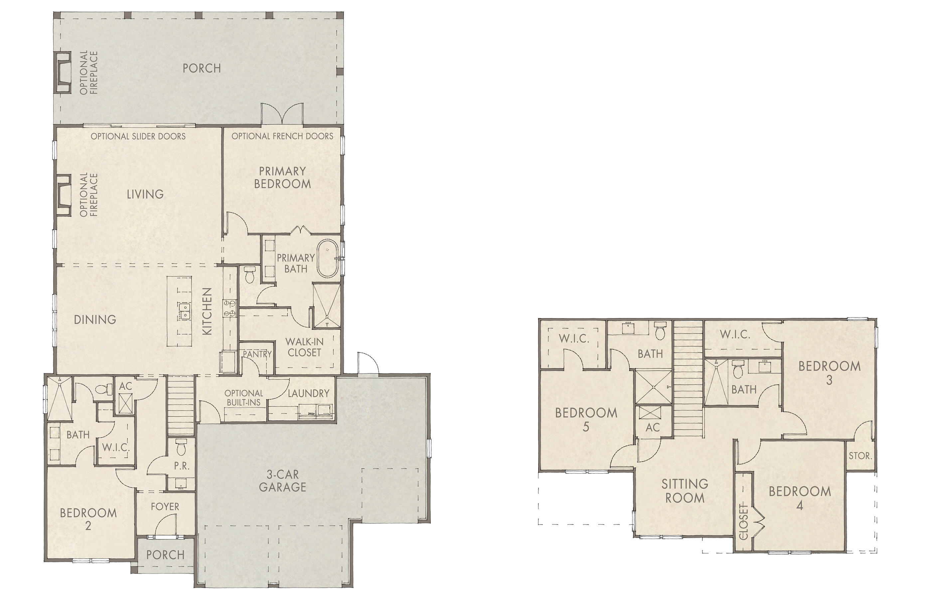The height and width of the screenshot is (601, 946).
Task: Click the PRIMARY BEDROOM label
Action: pos(282,177)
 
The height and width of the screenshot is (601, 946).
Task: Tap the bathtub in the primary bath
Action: pos(327,258)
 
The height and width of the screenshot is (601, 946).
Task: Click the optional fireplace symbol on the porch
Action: pos(63,72)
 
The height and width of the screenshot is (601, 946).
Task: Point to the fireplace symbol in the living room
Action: pos(63,195)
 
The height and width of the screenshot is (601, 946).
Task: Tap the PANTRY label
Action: pos(257,354)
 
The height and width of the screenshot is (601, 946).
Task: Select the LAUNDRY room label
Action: pos(308,393)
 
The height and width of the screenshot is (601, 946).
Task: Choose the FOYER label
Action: pos(165,507)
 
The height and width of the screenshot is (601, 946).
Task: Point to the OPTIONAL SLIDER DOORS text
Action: pos(138,136)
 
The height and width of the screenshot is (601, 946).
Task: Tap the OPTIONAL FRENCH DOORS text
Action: pos(282,136)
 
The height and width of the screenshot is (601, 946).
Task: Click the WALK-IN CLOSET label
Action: pos(304,347)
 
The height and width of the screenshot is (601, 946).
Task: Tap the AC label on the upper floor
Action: pos(653,427)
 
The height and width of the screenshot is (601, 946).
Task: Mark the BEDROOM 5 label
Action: pos(586,419)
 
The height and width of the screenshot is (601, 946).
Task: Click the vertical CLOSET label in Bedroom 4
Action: pos(743,521)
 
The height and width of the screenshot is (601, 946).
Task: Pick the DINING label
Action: pos(95,319)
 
